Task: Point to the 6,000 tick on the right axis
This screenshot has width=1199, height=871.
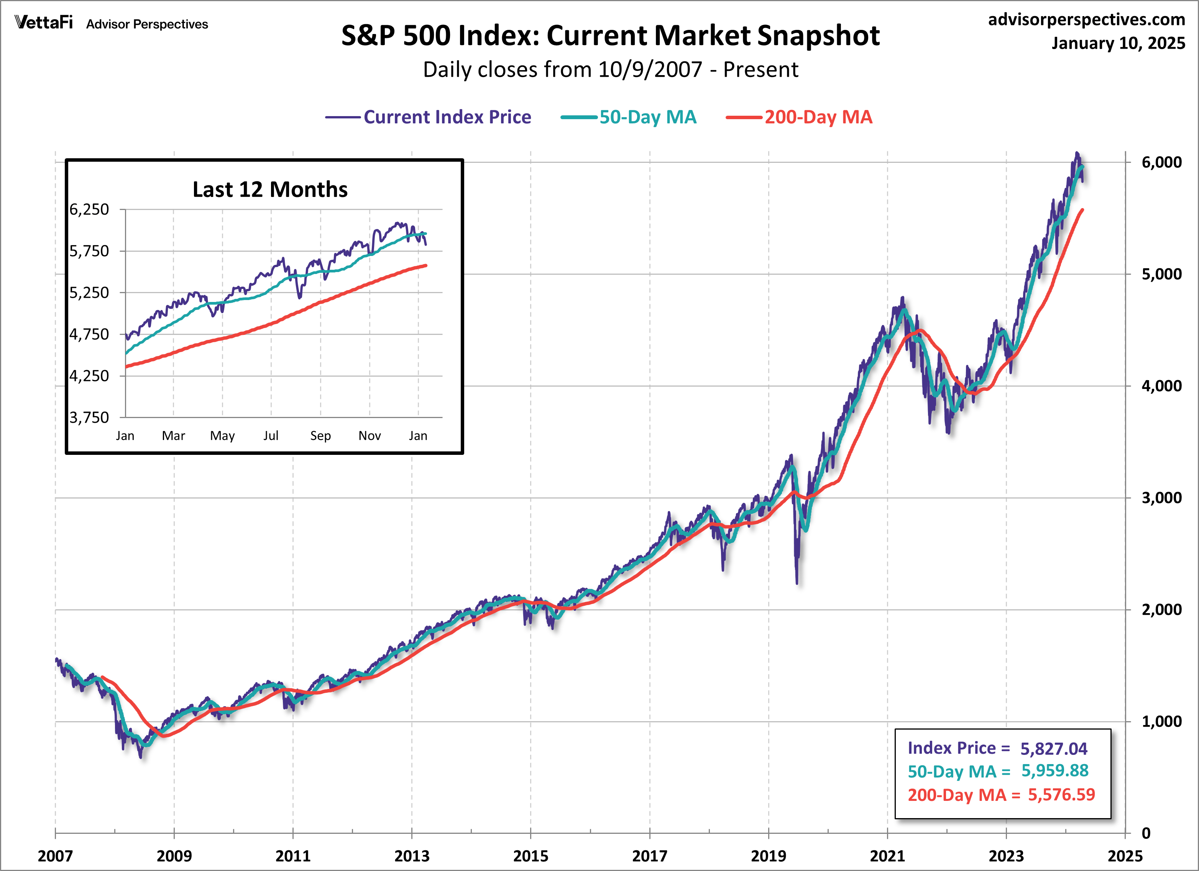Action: click(1161, 162)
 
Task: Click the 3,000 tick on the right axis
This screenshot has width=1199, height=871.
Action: click(1161, 498)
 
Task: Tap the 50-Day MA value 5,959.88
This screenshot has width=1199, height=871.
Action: click(1054, 771)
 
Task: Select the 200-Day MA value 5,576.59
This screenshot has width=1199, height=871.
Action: click(1061, 794)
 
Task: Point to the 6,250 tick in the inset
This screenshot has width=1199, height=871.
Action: click(89, 209)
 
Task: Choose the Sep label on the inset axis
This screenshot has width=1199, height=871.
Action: click(320, 435)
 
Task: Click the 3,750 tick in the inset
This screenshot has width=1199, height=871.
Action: click(89, 418)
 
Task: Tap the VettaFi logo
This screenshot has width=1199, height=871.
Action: click(44, 22)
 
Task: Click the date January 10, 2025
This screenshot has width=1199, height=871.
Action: click(1118, 43)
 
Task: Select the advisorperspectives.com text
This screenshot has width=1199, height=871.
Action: click(1086, 20)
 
